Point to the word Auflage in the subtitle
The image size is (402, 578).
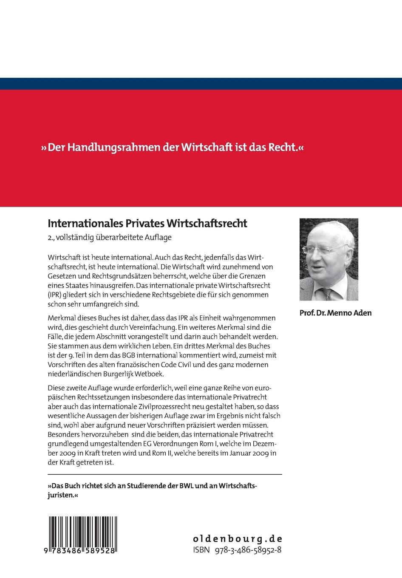(159, 237)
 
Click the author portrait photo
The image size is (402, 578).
(328, 259)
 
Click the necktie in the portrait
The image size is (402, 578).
(328, 293)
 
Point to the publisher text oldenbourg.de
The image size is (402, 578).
(237, 538)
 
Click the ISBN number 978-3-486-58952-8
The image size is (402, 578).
(248, 550)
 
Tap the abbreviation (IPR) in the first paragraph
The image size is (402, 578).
(55, 295)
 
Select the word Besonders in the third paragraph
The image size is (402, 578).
(63, 434)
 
